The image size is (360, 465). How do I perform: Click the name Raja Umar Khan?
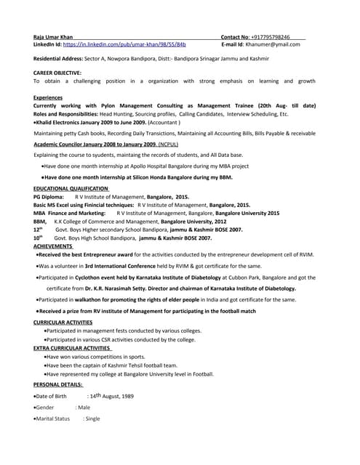(x=53, y=36)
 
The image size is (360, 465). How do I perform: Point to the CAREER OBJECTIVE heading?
(x=57, y=73)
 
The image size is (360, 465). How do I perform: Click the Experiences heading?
(x=48, y=97)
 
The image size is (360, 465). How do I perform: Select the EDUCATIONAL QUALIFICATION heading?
(x=71, y=188)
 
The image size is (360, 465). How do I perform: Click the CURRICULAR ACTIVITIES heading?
(x=63, y=321)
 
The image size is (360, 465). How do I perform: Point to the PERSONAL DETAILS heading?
(x=58, y=384)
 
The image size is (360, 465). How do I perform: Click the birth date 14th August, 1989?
(x=111, y=396)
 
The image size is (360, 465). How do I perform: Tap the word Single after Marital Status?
(x=92, y=419)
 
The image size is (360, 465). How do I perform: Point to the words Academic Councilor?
(x=61, y=145)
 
